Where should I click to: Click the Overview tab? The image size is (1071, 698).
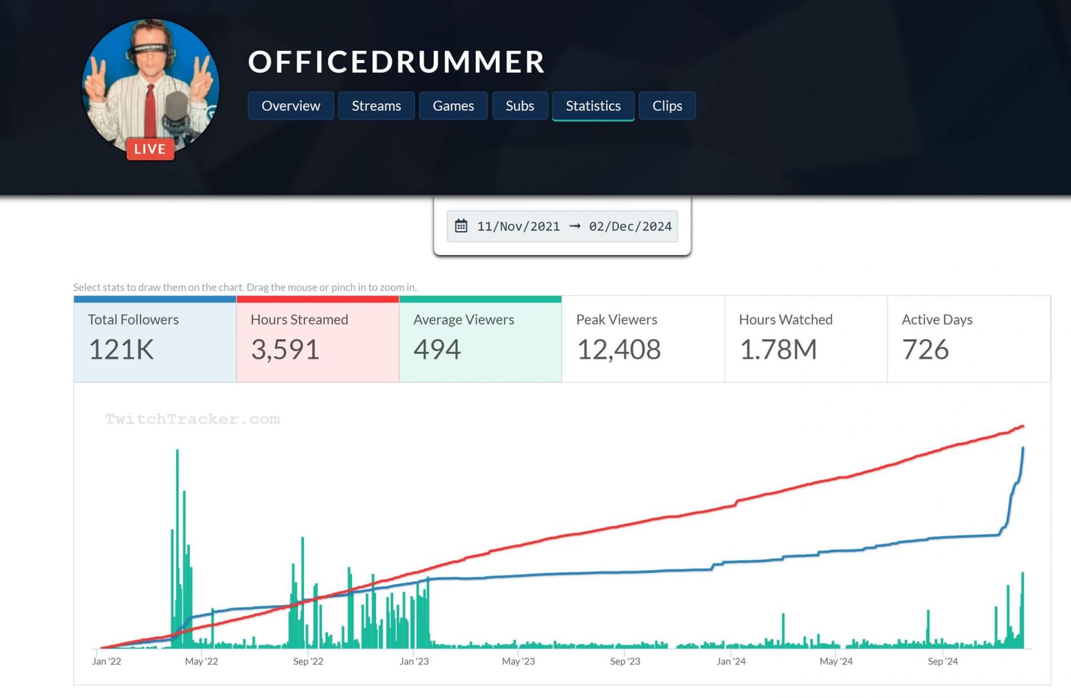291,106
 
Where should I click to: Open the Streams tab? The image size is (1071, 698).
376,106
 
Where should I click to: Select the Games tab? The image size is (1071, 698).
453,106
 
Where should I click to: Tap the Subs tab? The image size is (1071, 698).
520,106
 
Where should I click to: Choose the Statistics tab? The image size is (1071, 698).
593,106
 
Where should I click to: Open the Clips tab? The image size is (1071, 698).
667,106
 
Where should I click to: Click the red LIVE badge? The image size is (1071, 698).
150,149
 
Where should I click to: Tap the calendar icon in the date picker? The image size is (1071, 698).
461,226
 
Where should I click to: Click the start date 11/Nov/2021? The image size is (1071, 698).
518,226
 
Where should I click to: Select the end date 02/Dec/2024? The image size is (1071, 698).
630,226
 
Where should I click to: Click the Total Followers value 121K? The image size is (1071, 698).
121,349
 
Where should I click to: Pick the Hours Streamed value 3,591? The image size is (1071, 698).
285,349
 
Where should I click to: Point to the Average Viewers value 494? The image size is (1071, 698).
437,349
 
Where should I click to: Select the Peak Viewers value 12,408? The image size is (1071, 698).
619,349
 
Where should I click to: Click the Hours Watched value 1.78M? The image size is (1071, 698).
778,349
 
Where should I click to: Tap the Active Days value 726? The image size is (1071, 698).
925,349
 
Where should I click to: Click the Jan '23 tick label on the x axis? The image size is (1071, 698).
414,661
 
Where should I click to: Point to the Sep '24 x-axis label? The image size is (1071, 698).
942,661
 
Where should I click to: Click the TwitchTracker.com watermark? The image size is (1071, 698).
192,419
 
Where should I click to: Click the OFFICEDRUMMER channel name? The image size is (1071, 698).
396,62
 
